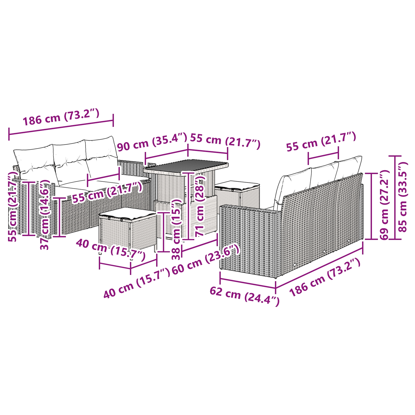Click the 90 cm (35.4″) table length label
(152, 142)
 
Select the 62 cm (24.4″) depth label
(244, 296)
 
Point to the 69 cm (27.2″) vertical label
(384, 205)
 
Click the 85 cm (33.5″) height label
(403, 197)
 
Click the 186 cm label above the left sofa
(61, 117)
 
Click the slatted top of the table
(186, 166)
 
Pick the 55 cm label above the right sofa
(321, 141)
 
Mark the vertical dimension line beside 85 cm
(395, 197)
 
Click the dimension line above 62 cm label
(248, 283)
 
